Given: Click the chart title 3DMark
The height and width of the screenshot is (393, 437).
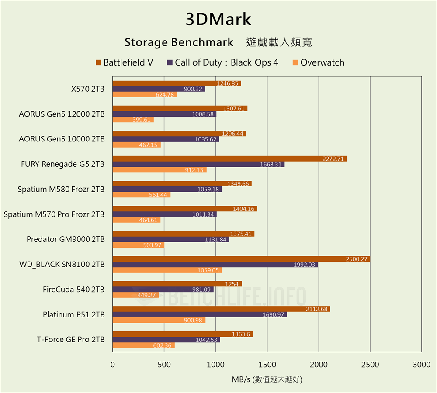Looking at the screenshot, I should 218,20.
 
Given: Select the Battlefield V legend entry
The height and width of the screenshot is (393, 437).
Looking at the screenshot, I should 125,62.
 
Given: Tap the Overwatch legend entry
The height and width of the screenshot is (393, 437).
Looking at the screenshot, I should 318,62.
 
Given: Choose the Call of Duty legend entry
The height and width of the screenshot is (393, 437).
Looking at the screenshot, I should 223,62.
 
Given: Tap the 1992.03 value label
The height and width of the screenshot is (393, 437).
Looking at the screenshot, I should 305,265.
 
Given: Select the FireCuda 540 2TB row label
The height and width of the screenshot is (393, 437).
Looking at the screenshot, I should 74,289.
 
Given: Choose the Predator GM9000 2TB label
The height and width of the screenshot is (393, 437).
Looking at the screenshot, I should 66,239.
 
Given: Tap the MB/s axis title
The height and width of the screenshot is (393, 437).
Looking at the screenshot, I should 267,379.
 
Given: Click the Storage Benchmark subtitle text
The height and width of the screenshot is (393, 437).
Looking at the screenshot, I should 179,42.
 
